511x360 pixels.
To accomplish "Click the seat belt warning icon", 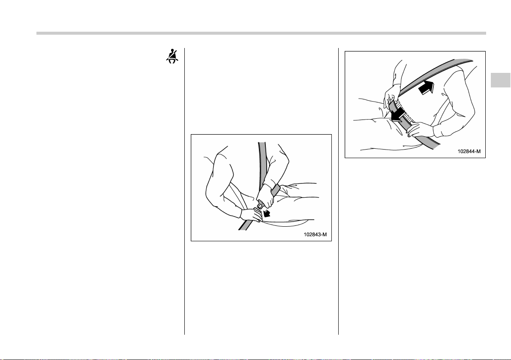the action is click(x=172, y=57).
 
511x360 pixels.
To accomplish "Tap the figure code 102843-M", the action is click(x=315, y=234).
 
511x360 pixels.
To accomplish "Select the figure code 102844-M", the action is click(x=469, y=151).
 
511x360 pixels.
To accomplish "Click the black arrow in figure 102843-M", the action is click(x=267, y=213).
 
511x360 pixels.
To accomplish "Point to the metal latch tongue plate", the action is click(x=260, y=206).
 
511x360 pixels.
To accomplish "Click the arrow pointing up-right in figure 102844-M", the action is click(x=427, y=87).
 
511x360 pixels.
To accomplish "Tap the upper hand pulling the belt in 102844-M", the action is click(x=392, y=94).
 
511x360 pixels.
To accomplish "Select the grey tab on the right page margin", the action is click(x=500, y=80).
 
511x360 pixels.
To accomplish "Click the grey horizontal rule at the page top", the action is click(x=261, y=33).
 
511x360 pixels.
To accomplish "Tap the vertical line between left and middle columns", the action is click(x=184, y=191).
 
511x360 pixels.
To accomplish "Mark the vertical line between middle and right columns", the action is click(x=338, y=191).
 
